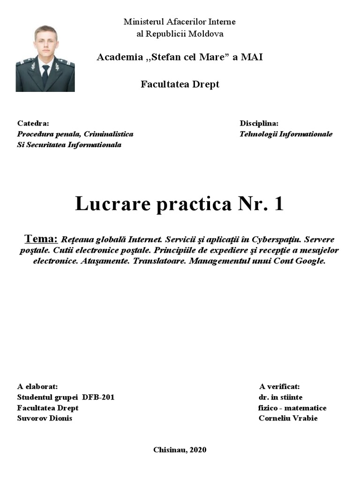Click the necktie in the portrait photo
pos(45,75)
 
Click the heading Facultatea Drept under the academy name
pos(180,84)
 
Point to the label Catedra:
pos(33,123)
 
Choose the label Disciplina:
pos(259,123)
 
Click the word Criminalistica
pos(108,134)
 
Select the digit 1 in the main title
pos(278,204)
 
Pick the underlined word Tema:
pos(41,239)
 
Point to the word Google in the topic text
pos(310,261)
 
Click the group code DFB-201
pos(98,397)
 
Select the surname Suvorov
pos(31,418)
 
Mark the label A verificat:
pos(279,387)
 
